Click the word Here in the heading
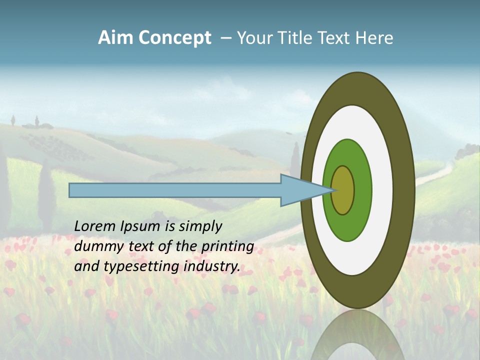pos(374,38)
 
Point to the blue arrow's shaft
pos(175,190)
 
